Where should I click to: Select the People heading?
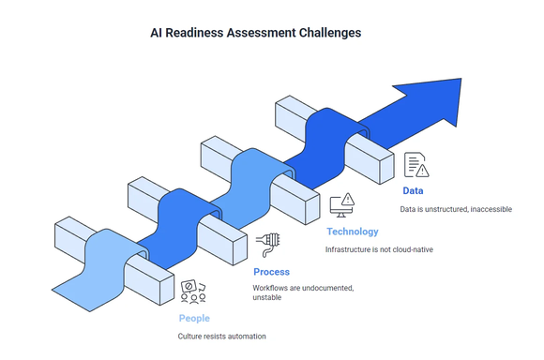pyautogui.click(x=194, y=319)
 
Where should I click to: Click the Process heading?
pyautogui.click(x=271, y=272)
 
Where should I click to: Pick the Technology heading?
pyautogui.click(x=352, y=232)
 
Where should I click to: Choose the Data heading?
pyautogui.click(x=413, y=190)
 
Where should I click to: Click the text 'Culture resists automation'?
pyautogui.click(x=221, y=336)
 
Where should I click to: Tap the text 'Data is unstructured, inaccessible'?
pyautogui.click(x=457, y=209)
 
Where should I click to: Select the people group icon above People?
pyautogui.click(x=193, y=292)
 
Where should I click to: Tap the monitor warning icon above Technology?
pyautogui.click(x=343, y=203)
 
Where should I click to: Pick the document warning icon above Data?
pyautogui.click(x=416, y=165)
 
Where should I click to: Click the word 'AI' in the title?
pyautogui.click(x=158, y=32)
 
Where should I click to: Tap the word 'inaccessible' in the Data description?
pyautogui.click(x=490, y=209)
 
